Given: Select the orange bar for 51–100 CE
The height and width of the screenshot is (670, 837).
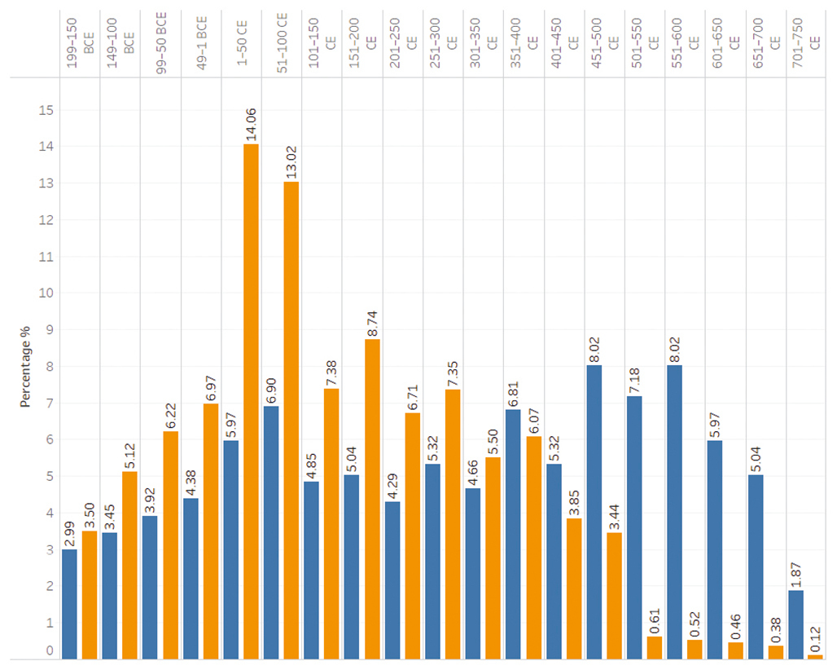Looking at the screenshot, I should coord(291,420).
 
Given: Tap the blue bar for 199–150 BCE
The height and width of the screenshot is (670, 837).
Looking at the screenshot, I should coord(69,603).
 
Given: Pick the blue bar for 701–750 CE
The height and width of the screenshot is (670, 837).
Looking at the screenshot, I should coord(795,624).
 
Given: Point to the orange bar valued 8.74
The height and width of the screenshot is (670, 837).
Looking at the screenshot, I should coord(372,498).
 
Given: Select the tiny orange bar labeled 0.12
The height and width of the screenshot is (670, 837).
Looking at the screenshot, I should coord(815,656).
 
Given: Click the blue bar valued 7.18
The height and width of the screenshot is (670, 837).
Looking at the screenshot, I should coord(634,527).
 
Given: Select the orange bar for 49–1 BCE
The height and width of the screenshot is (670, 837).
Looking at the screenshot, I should coord(211,531).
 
